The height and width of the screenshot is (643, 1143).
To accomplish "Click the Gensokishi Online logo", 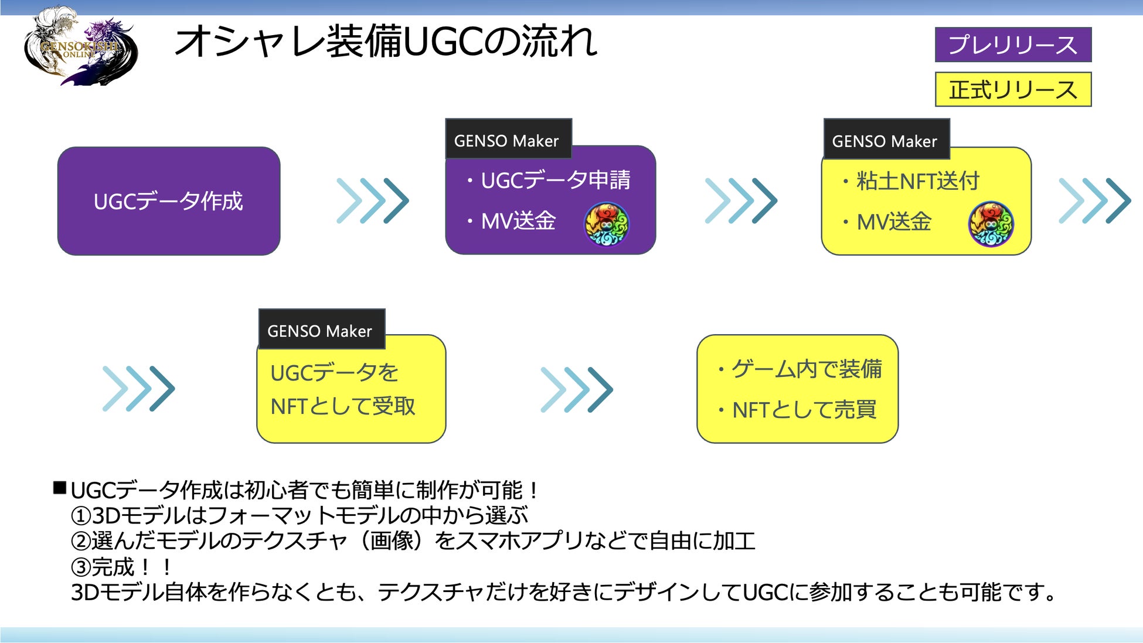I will click(x=80, y=47).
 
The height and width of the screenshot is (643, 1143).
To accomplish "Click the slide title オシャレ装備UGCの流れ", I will click(x=386, y=42).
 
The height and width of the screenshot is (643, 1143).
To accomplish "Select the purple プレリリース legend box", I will click(x=1012, y=45).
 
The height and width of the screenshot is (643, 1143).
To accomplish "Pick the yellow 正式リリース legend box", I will click(x=1012, y=90).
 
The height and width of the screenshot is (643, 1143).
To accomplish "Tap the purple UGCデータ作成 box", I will click(x=168, y=201).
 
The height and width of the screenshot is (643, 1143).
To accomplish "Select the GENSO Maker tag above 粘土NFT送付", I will click(x=886, y=140).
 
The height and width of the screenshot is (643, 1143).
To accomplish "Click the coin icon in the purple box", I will click(x=607, y=224).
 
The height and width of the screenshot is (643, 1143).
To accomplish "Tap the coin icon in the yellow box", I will click(x=991, y=224).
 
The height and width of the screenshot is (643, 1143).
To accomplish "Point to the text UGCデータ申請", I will click(x=555, y=180).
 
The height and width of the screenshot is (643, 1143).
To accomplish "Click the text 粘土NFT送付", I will click(x=918, y=181).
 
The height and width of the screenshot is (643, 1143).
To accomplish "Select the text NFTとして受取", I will click(x=343, y=406).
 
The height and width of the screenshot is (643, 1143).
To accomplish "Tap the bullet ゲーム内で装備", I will click(x=806, y=369).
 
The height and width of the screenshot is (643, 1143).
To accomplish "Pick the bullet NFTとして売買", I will click(x=804, y=410).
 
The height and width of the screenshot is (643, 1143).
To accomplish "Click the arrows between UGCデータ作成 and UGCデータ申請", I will click(x=373, y=201).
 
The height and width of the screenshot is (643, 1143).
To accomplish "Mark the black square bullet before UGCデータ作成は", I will click(x=60, y=488).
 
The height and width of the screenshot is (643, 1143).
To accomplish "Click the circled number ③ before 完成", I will click(x=80, y=567).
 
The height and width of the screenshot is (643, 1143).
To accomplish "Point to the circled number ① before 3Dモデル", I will click(x=80, y=516).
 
